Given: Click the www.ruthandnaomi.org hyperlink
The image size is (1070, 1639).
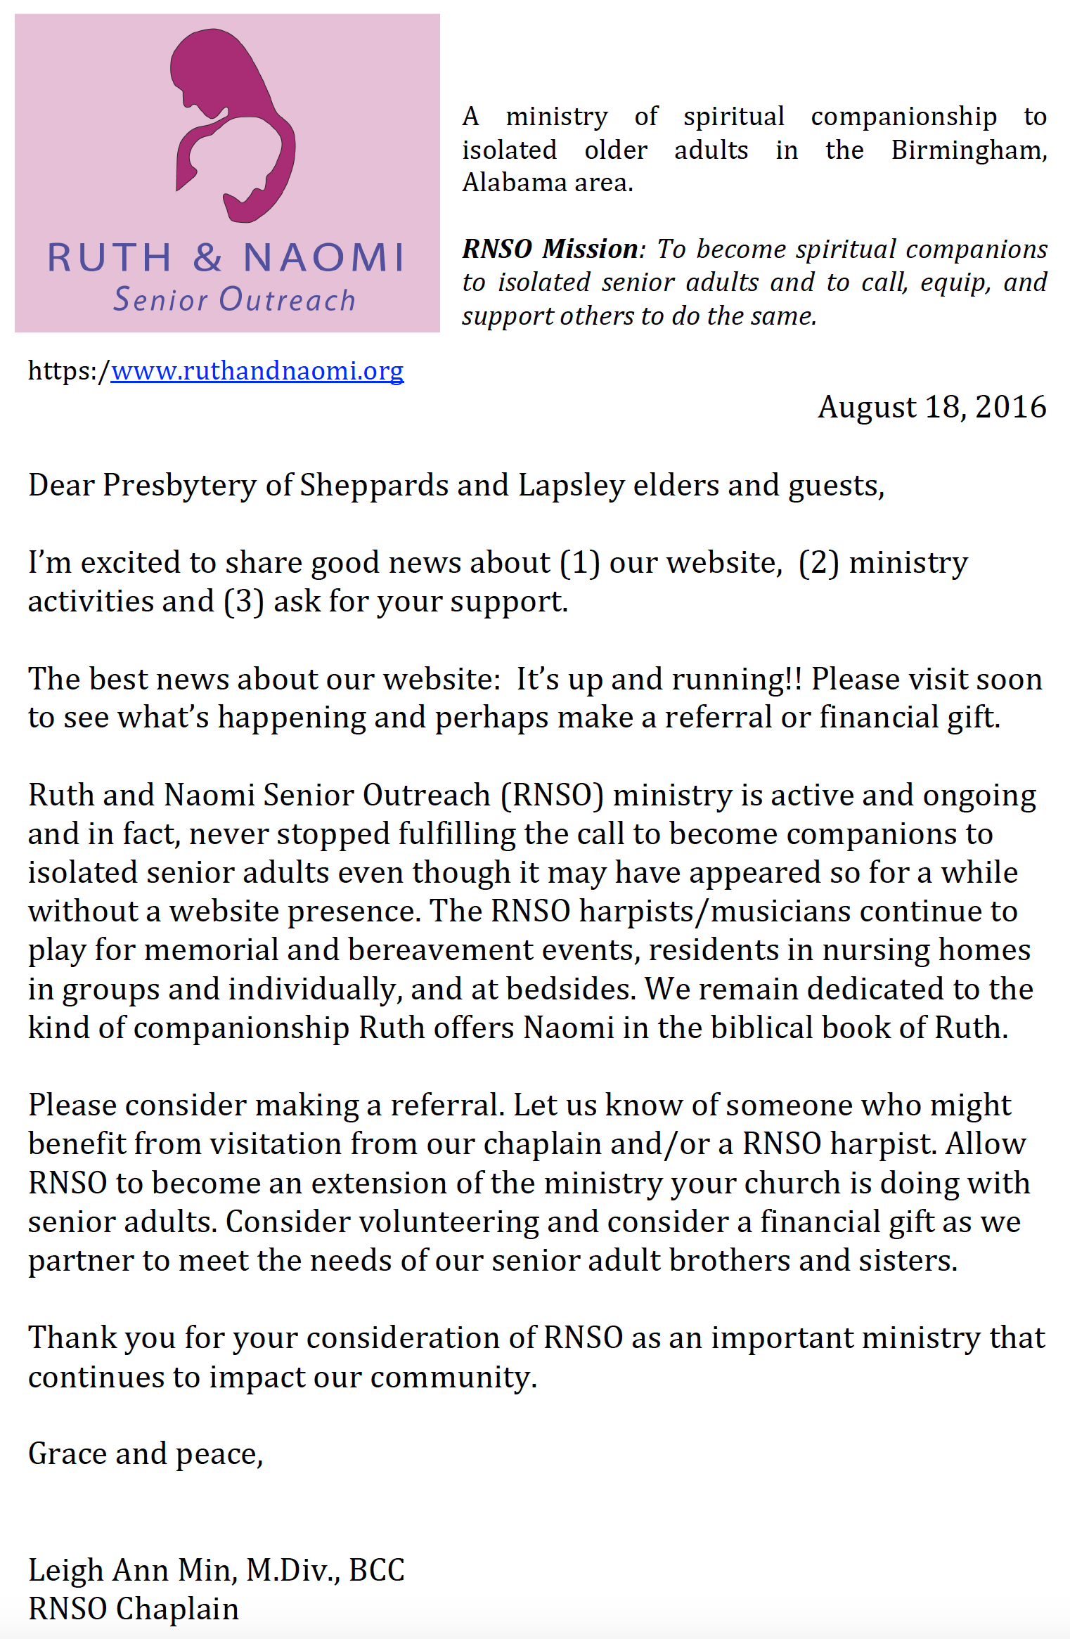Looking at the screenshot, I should coord(257,370).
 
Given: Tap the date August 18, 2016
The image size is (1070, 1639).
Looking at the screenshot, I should coord(932,407).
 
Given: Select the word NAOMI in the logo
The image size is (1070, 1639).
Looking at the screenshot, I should coord(324,257).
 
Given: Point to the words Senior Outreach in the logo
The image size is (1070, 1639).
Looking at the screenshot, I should coord(235,300).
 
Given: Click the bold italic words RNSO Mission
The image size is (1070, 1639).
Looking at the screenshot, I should coord(550,250).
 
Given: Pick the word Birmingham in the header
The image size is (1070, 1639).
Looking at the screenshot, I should coord(969,150).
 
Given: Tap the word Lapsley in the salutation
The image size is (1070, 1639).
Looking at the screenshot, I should coord(571,486).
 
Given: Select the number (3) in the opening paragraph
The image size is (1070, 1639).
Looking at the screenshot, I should coord(243,602).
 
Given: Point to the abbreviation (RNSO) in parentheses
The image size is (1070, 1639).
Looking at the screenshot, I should coord(552,796).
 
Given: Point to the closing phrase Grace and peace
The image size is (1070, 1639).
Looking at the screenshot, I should coord(146,1454).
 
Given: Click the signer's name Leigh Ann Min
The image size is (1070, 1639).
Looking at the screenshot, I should coord(131,1570).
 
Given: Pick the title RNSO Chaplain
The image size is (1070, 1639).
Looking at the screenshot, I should coord(134,1609).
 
